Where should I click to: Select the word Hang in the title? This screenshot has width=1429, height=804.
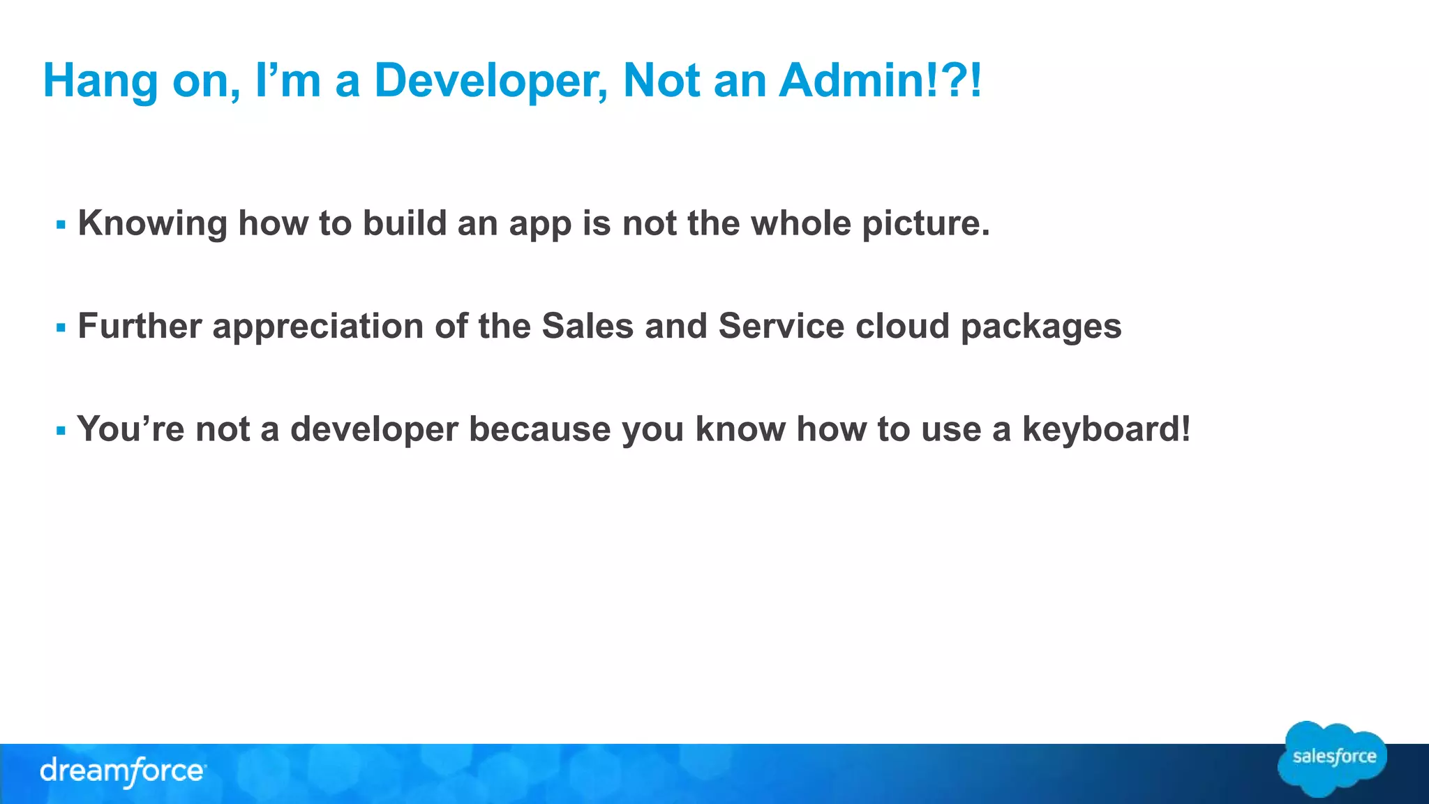[100, 81]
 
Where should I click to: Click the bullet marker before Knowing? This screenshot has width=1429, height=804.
[61, 225]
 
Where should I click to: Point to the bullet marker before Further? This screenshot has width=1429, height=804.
[61, 327]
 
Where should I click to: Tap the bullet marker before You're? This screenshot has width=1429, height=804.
[61, 431]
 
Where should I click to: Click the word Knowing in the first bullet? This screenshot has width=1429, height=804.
[152, 224]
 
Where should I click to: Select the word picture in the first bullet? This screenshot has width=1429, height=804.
[925, 224]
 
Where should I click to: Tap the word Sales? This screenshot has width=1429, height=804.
[588, 326]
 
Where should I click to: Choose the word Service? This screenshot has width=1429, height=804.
[781, 326]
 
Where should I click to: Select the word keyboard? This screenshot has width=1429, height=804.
[1106, 429]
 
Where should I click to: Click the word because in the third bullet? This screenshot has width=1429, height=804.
[539, 429]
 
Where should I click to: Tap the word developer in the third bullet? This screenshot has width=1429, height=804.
[374, 430]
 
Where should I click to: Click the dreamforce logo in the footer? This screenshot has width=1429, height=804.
[123, 771]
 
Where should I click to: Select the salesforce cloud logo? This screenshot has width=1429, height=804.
[1333, 759]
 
